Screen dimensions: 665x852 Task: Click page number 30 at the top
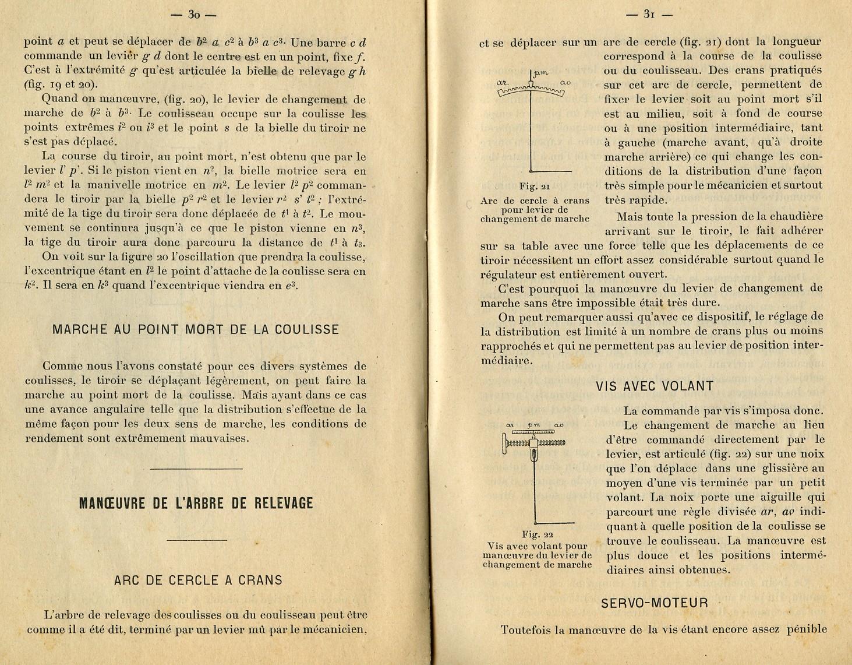click(194, 15)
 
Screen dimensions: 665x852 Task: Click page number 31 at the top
click(648, 15)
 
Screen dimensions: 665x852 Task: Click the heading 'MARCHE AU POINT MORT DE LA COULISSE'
click(196, 329)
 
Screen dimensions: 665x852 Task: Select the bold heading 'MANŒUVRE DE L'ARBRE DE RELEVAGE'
click(196, 504)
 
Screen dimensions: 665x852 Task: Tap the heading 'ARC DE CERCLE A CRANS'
click(198, 580)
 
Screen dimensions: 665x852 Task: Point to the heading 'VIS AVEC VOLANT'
click(655, 386)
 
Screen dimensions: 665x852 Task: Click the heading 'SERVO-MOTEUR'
click(655, 603)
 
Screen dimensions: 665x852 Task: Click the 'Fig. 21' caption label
click(535, 187)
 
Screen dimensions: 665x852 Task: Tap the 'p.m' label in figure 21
click(541, 73)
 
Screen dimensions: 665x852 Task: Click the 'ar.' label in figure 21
click(503, 83)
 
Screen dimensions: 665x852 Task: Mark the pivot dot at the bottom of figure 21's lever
click(531, 171)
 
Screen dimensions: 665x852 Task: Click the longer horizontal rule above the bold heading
click(196, 469)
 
